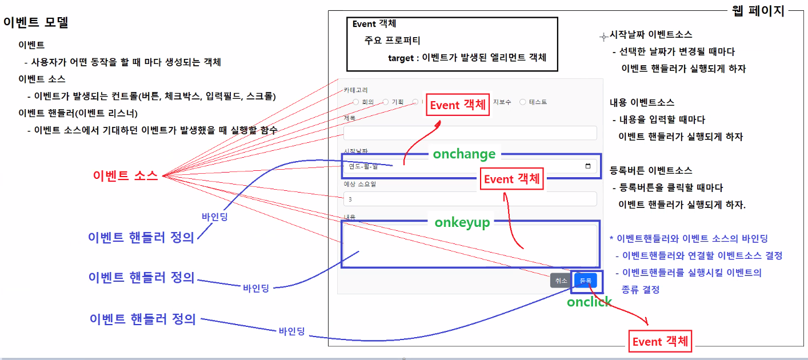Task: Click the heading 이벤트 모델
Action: coord(36,23)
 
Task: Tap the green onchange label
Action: coord(464,154)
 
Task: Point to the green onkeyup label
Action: coord(462,222)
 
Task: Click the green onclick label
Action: coord(589,302)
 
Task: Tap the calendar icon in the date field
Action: coord(588,166)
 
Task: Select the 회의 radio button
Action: coord(356,102)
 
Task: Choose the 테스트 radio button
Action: coord(522,102)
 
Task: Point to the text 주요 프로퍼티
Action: coord(393,41)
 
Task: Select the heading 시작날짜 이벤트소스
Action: coord(651,35)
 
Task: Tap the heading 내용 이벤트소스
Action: coord(642,102)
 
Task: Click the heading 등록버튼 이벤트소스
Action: coord(651,170)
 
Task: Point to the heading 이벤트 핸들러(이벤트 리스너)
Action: coord(78,113)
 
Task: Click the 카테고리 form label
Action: coord(355,90)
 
